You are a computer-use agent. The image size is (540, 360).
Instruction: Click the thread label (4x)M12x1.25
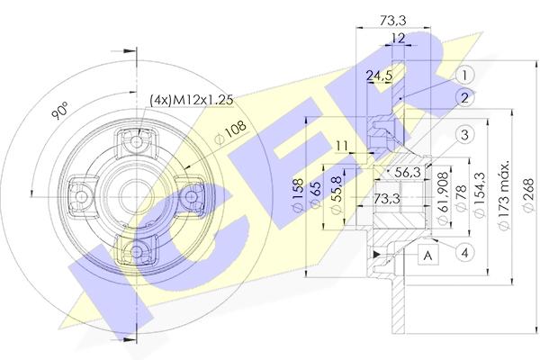coord(192,100)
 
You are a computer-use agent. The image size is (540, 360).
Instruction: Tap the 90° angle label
coord(60,110)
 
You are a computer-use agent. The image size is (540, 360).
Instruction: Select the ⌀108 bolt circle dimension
coord(230,132)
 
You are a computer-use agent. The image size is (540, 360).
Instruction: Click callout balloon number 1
coord(464,75)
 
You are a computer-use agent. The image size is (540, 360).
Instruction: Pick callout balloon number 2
coord(464,98)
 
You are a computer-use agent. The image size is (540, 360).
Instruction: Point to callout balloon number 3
coord(464,135)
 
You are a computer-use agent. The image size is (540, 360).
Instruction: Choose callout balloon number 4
coord(464,253)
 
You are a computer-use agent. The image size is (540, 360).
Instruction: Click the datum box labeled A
coord(428,255)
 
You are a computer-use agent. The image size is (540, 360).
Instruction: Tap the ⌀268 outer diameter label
coord(528,195)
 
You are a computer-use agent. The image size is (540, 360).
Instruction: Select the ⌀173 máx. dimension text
coord(505,195)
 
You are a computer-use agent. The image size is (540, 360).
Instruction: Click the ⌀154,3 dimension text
coord(480,194)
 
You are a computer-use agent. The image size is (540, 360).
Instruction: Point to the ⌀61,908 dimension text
coord(444,198)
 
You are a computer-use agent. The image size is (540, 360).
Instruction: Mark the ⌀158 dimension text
coord(297,194)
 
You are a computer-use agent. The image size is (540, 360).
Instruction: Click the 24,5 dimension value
coord(379,76)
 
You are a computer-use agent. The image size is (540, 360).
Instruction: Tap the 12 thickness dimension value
coord(398,38)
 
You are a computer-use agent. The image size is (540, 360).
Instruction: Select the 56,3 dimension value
coord(408,172)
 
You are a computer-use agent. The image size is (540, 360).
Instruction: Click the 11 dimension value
coord(342,146)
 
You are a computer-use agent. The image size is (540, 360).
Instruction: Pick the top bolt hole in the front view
coord(137,141)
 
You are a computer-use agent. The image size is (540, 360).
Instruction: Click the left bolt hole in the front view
coord(82,197)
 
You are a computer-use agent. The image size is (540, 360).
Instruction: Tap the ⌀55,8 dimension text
coord(336,195)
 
